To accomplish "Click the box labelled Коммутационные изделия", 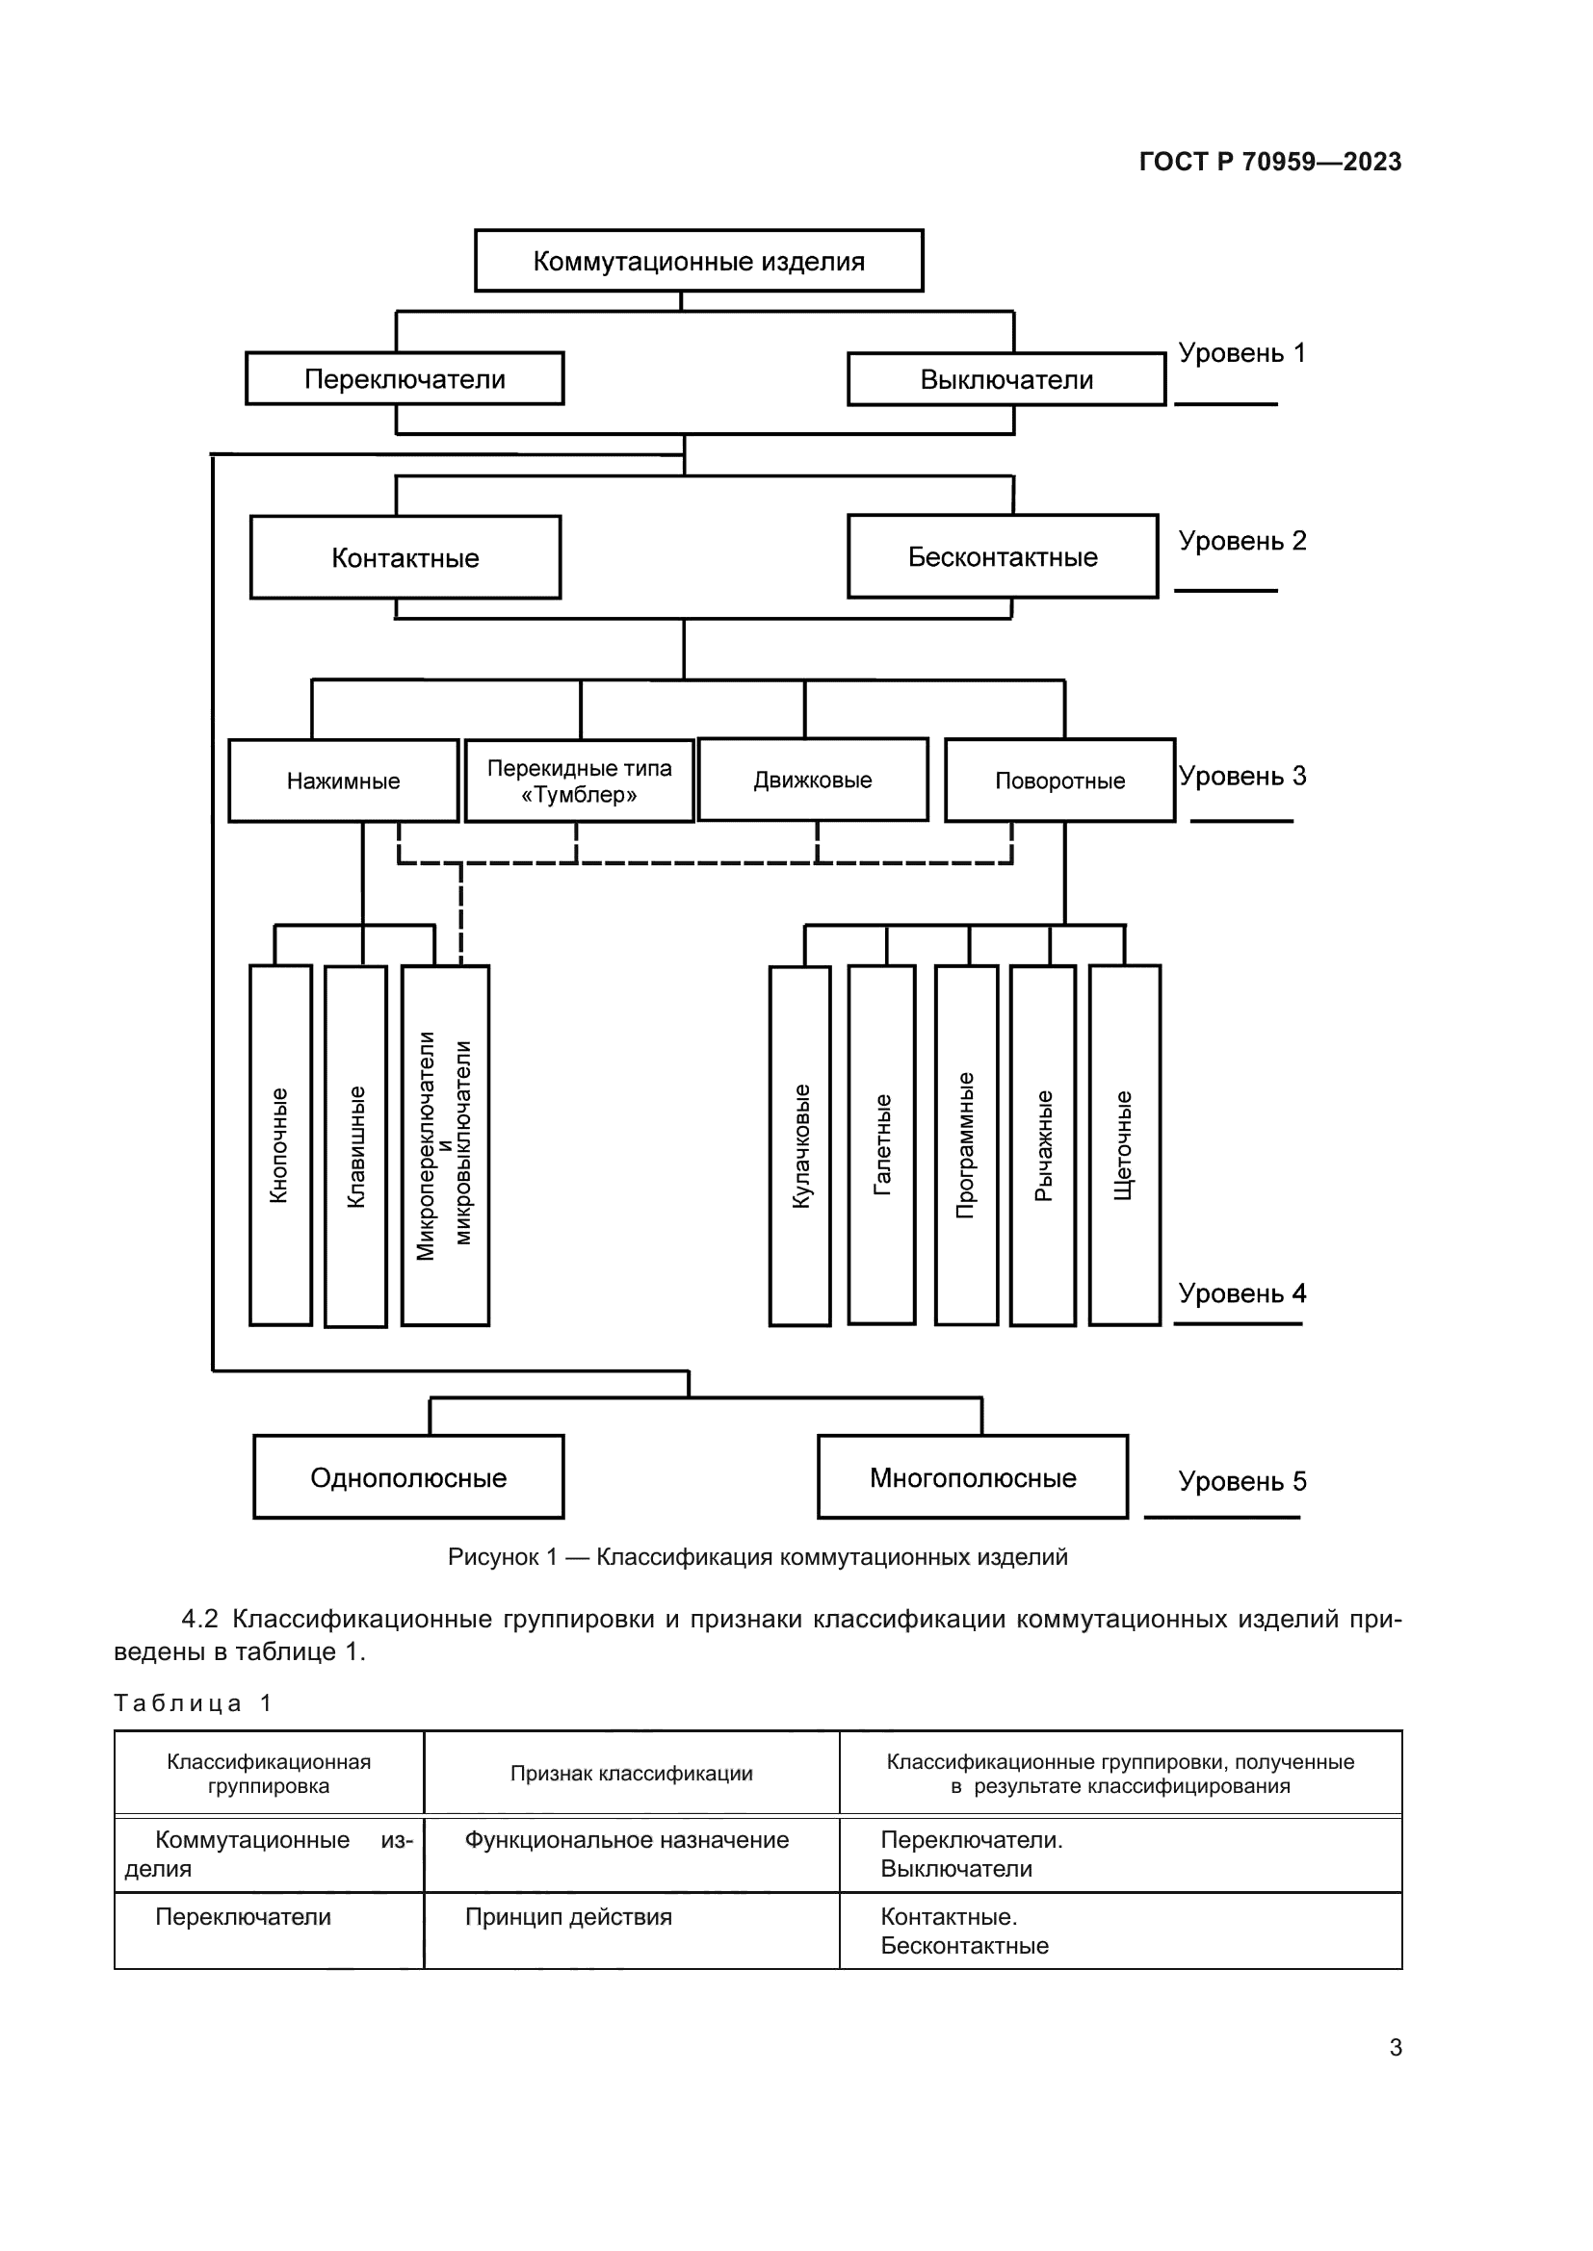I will click(698, 261).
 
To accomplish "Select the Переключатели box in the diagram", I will click(405, 378).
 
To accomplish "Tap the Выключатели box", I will click(1006, 379).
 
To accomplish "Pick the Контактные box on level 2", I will click(405, 557).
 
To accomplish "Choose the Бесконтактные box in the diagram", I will click(1003, 557).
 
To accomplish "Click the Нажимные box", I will click(343, 780).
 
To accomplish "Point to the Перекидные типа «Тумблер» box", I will click(579, 780).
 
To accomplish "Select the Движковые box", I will click(812, 780).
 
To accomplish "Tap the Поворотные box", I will click(1059, 780).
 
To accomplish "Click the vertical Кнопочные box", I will click(280, 1145).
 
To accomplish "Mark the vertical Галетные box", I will click(882, 1145).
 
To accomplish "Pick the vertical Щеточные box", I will click(1124, 1145).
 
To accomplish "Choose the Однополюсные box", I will click(408, 1476).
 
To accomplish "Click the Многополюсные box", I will click(972, 1476).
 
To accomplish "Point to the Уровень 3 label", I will click(1241, 776).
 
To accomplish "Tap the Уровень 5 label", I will click(1241, 1480).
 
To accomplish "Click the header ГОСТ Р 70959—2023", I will click(1269, 162).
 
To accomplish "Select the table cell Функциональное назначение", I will click(628, 1840).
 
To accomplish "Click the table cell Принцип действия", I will click(569, 1917).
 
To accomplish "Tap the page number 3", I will click(1395, 2047).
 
